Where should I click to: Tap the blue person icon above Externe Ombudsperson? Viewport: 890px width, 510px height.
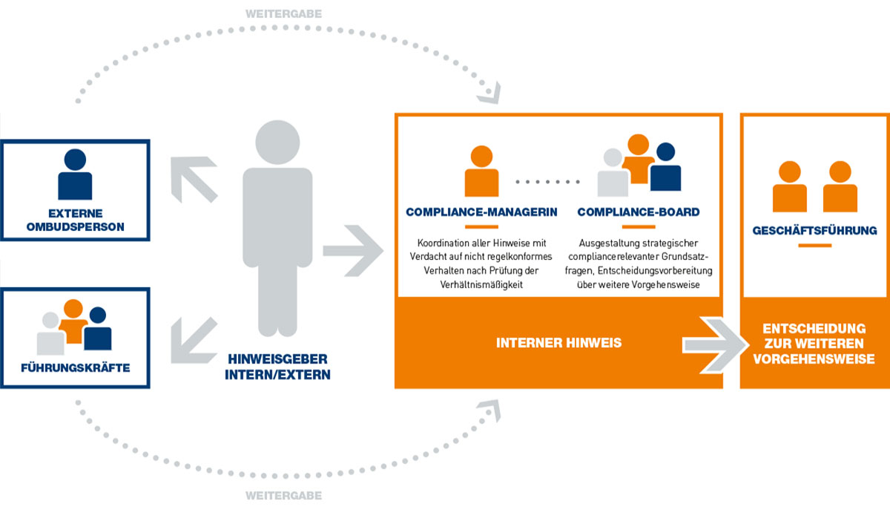point(75,174)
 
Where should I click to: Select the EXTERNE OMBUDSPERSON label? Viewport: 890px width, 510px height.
point(75,219)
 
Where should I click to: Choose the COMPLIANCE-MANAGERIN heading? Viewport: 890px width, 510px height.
point(481,212)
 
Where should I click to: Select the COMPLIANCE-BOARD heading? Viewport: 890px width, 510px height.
point(638,212)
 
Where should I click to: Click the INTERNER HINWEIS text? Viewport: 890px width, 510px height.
point(558,343)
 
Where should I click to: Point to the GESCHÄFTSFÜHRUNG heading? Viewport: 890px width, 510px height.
point(814,231)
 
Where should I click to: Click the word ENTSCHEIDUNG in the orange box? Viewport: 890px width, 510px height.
point(814,327)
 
